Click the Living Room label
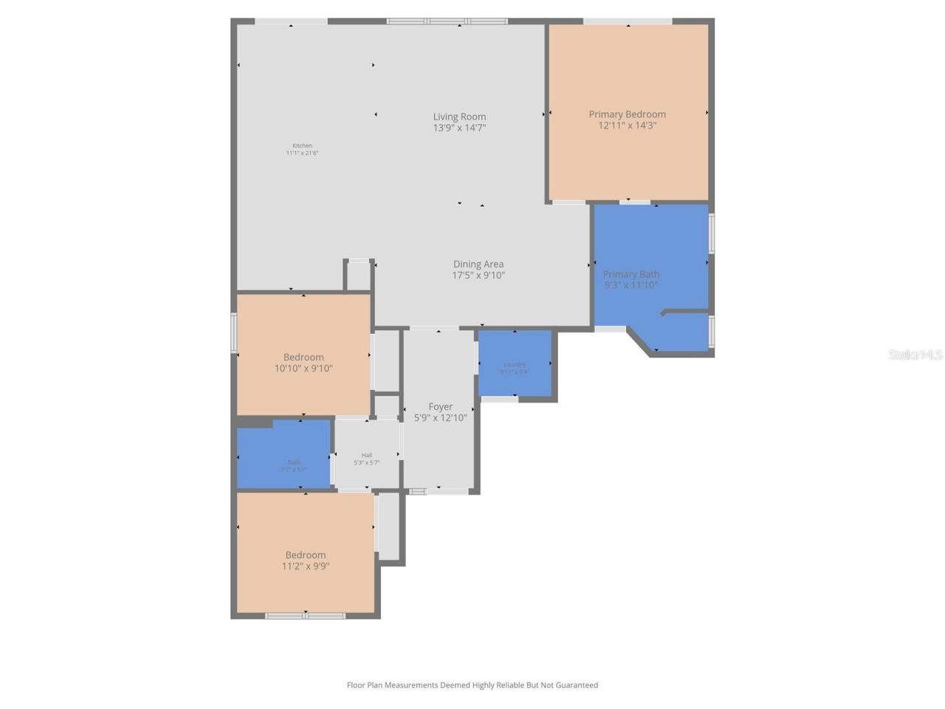point(459,117)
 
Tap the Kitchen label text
point(302,145)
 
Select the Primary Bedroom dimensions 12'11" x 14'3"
point(627,126)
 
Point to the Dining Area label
point(478,264)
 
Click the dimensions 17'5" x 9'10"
point(478,275)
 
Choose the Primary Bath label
point(631,274)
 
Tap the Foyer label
point(441,407)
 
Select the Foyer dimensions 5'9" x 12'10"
point(441,418)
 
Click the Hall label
point(367,455)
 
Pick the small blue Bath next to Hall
point(283,454)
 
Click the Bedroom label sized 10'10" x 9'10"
point(303,357)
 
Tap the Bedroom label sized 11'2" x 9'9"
point(306,555)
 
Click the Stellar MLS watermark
point(915,355)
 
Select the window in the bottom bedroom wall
point(305,615)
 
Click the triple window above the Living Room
point(447,21)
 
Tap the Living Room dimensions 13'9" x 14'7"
point(459,128)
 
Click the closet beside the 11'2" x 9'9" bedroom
point(389,525)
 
